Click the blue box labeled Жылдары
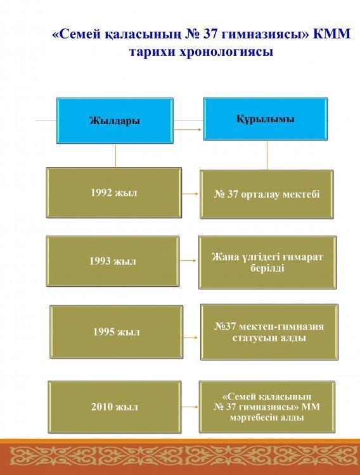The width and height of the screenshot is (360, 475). (x=115, y=120)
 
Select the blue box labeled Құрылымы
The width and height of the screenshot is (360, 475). (x=266, y=119)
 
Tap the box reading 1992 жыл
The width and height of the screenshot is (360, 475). (x=113, y=193)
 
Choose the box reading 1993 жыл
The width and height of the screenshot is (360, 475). (x=113, y=261)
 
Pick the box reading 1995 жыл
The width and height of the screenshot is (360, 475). (x=116, y=332)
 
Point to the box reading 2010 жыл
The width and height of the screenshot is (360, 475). (x=115, y=407)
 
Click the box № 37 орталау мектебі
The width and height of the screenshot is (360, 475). (x=267, y=194)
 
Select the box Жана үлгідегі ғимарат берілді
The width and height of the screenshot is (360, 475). (x=267, y=262)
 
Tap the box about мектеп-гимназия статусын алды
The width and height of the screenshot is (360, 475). (x=269, y=332)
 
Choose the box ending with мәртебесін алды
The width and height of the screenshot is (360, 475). (x=267, y=407)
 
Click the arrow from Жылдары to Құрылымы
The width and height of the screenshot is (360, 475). (x=187, y=130)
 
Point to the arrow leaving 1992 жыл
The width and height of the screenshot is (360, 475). (x=190, y=194)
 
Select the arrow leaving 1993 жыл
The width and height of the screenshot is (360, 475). (x=188, y=260)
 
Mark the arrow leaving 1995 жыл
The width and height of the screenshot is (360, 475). (x=190, y=337)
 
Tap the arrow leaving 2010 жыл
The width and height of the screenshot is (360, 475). (x=190, y=407)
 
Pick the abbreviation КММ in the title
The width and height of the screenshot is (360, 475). (x=331, y=34)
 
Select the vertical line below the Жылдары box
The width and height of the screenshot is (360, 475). (x=115, y=155)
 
